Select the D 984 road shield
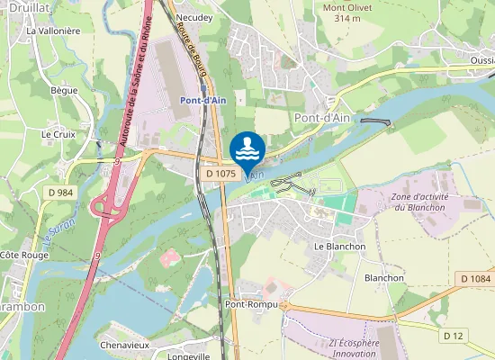[60, 193]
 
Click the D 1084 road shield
[475, 279]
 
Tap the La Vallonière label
[53, 31]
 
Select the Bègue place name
[64, 90]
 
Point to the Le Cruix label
[58, 133]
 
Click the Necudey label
[194, 17]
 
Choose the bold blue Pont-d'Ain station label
[202, 100]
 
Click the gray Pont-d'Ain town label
[322, 117]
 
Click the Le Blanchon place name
[339, 246]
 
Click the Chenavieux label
[124, 345]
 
